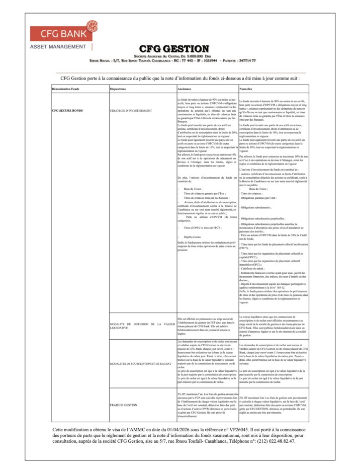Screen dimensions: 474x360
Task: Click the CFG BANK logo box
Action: tap(60, 34)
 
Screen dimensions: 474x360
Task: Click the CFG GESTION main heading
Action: tap(174, 49)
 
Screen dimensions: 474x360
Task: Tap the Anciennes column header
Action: tap(185, 89)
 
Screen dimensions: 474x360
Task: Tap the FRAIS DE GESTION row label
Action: tap(123, 405)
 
